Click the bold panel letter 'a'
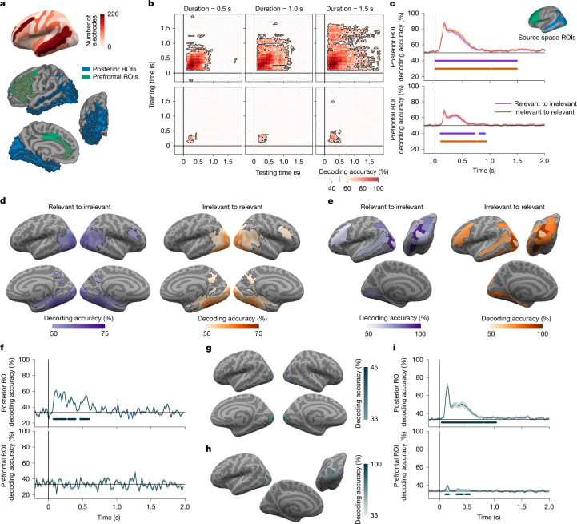[x=3, y=5]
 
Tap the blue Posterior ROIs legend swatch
[x=86, y=69]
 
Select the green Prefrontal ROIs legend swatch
[x=86, y=77]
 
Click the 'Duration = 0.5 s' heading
[x=207, y=9]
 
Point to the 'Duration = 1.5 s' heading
[x=349, y=9]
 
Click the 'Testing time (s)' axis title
[x=278, y=172]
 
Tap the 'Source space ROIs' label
[x=547, y=37]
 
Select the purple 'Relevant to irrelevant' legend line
[x=503, y=103]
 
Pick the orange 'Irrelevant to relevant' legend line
[x=503, y=111]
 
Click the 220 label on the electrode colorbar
[x=113, y=14]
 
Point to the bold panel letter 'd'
[x=3, y=201]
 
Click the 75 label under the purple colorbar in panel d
[x=105, y=333]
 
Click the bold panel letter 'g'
[x=209, y=349]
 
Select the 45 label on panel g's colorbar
[x=374, y=368]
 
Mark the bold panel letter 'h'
[x=209, y=449]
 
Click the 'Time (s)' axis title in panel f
[x=109, y=518]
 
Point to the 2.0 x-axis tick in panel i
[x=549, y=506]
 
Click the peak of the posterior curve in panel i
[x=447, y=385]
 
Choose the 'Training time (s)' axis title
[x=152, y=85]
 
